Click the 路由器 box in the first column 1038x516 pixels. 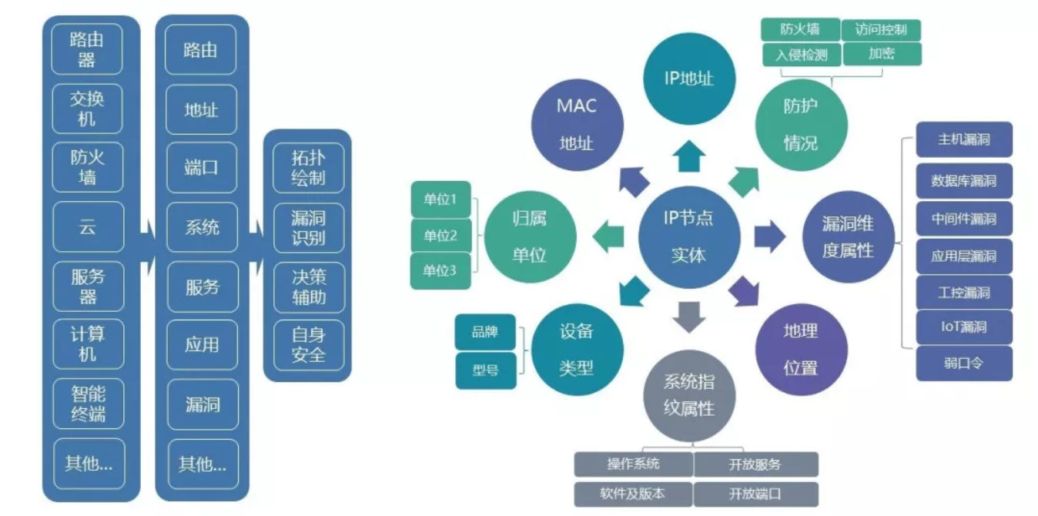coord(87,49)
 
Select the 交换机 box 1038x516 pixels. coord(87,109)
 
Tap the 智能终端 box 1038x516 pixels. coord(87,404)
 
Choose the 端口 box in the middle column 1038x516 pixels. coord(201,168)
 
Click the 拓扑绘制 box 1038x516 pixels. coord(308,168)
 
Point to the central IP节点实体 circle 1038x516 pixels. coord(688,236)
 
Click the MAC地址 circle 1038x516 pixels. coord(577,123)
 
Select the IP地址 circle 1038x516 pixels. coord(688,77)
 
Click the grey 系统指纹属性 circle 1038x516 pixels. coord(688,396)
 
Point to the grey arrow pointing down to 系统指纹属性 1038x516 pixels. coord(688,316)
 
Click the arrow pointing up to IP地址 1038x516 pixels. coord(688,156)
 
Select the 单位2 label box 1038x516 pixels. coord(440,235)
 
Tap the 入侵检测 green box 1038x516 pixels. coord(801,55)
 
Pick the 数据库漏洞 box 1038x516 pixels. coord(963,181)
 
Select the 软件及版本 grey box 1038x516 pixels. coord(632,494)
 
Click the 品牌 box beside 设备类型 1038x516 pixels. coord(485,333)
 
